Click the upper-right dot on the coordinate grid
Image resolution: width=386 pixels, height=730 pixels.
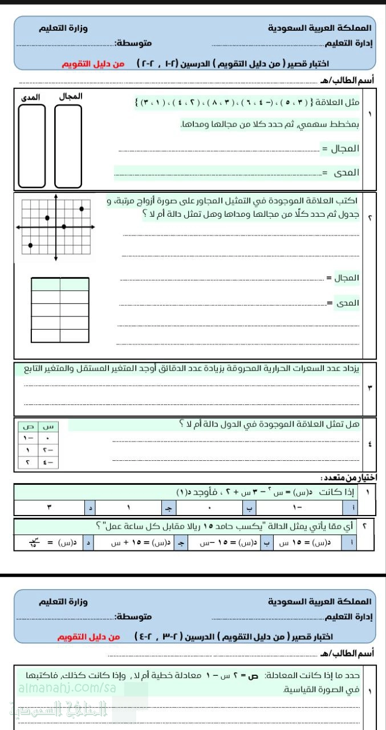82,209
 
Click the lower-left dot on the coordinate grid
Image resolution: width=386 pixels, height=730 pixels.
30,245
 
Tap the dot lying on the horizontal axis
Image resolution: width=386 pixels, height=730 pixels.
63,227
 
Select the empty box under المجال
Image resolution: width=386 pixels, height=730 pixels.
68,146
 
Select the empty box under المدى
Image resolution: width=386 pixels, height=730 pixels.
31,146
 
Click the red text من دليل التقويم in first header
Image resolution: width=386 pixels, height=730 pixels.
93,64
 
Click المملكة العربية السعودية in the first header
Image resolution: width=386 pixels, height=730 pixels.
319,27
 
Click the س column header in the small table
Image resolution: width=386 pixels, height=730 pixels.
49,426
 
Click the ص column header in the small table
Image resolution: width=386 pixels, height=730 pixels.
27,426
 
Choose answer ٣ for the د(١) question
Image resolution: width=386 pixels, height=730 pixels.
57,507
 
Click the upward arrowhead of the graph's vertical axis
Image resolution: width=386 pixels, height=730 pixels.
56,197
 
